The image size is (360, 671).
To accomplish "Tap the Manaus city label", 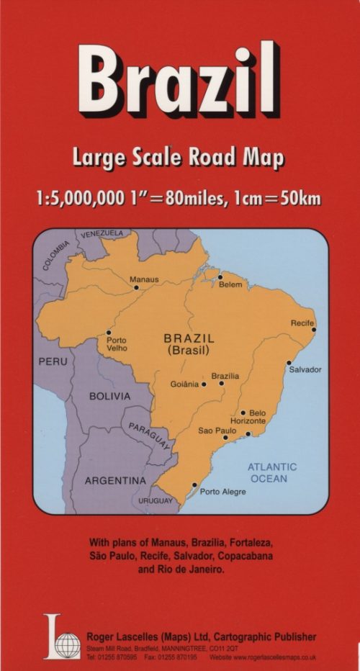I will (x=144, y=279).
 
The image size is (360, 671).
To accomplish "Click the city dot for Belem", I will (x=220, y=276).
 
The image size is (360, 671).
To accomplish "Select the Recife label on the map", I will (x=302, y=323).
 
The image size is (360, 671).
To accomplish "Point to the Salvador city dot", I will (x=289, y=362).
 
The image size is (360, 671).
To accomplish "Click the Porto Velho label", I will (x=117, y=344).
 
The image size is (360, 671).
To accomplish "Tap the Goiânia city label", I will (x=184, y=384).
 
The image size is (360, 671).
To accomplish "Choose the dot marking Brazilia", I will (x=221, y=384).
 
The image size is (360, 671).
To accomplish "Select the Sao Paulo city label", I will (x=217, y=431).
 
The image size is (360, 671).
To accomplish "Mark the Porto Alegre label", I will (x=222, y=492).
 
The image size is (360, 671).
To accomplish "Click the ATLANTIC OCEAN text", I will (x=272, y=472).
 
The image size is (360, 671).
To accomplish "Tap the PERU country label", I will (x=52, y=361).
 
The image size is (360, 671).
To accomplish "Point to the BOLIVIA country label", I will (x=109, y=396).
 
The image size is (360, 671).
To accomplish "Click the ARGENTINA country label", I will (x=115, y=480).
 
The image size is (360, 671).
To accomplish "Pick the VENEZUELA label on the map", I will (x=102, y=234).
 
